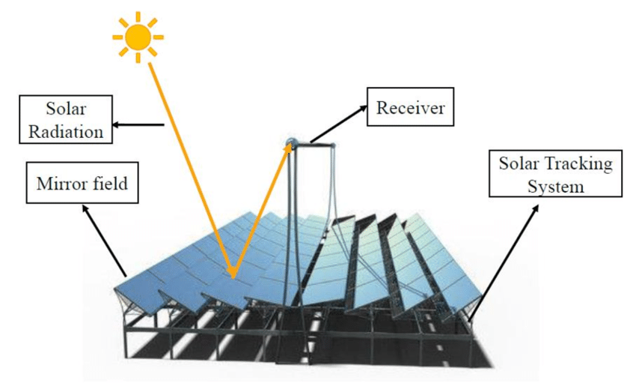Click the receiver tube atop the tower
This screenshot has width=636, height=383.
coord(293,142)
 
